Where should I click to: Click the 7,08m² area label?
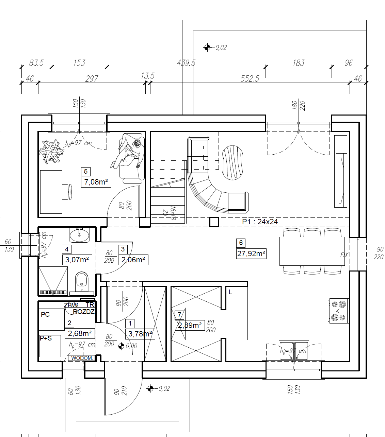[x=96, y=182]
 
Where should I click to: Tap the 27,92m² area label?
[x=251, y=254]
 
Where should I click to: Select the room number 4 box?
[x=67, y=249]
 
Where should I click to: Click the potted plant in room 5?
[x=51, y=152]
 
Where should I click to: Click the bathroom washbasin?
[x=79, y=235]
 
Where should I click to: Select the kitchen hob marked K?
[x=338, y=311]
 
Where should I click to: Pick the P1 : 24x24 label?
[x=260, y=222]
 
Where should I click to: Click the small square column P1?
[x=214, y=223]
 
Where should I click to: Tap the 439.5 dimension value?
[x=186, y=63]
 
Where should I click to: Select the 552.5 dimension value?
[x=250, y=79]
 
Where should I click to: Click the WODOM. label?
[x=82, y=358]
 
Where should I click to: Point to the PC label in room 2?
[x=45, y=314]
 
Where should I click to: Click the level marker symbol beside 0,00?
[x=121, y=346]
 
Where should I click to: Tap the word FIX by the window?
[x=344, y=255]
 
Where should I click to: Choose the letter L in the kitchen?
[x=230, y=292]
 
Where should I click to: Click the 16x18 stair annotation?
[x=173, y=213]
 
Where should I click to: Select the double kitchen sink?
[x=294, y=351]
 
